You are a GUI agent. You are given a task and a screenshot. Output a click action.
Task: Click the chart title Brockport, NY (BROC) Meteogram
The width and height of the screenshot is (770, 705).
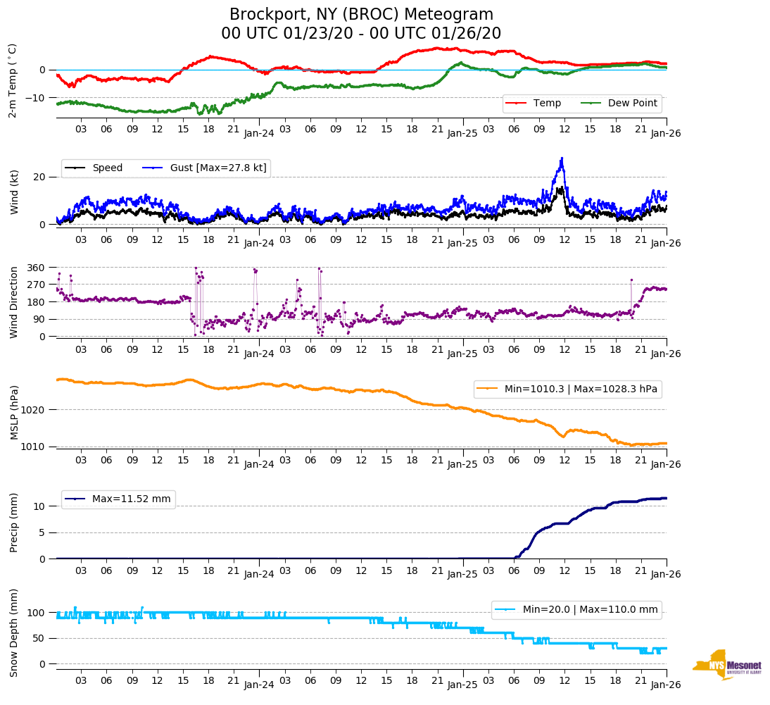pyautogui.click(x=361, y=15)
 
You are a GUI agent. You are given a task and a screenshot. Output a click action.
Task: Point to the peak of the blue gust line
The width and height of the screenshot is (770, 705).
pyautogui.click(x=562, y=158)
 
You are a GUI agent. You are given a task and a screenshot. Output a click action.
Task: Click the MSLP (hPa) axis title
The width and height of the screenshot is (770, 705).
pyautogui.click(x=15, y=413)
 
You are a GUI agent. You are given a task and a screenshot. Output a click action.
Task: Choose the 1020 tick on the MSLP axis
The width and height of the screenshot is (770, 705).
pyautogui.click(x=35, y=410)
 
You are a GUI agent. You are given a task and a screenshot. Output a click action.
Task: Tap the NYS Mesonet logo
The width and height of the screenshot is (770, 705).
pyautogui.click(x=726, y=666)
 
